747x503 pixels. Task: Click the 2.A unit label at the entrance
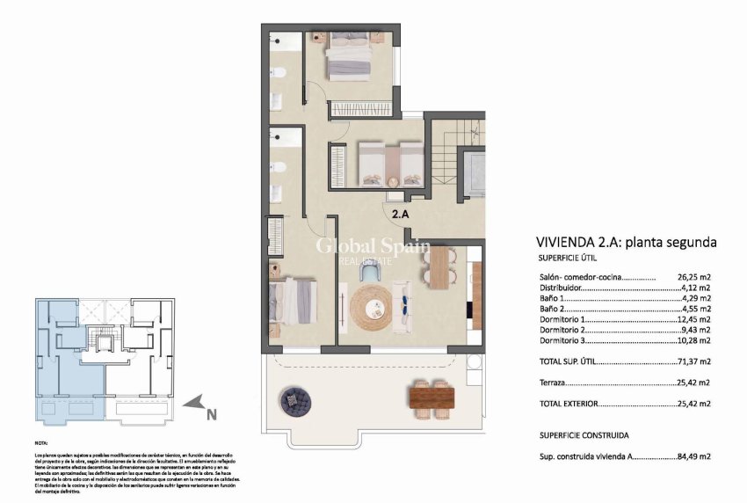(x=401, y=213)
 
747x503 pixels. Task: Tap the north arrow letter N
(x=211, y=407)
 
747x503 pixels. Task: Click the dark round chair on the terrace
(x=294, y=401)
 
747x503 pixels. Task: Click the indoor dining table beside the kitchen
(x=439, y=267)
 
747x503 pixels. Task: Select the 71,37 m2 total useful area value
(x=693, y=361)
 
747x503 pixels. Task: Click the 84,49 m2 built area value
(x=693, y=456)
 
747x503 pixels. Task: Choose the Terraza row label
(x=552, y=383)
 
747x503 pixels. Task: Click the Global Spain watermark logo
(x=372, y=248)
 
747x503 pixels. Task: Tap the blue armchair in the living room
(x=371, y=274)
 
